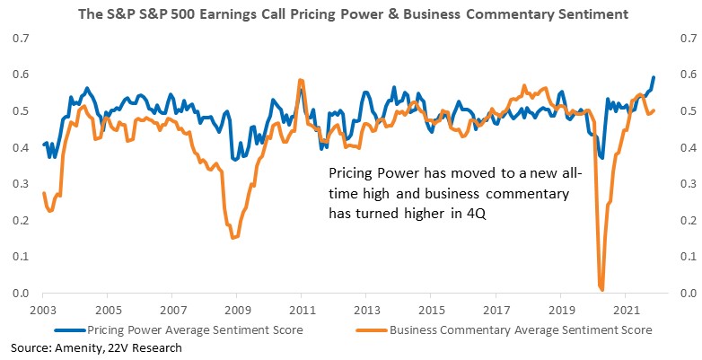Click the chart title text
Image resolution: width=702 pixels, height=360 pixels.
[x=353, y=14]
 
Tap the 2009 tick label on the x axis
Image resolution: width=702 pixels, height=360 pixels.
[x=236, y=311]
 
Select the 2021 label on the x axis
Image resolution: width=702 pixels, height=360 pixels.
[x=625, y=311]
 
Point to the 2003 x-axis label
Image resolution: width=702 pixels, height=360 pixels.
[x=42, y=311]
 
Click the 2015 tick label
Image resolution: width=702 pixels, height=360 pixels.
[x=430, y=311]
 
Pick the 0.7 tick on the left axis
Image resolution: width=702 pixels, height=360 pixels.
[x=20, y=38]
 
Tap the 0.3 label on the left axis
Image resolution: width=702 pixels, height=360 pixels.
[x=20, y=184]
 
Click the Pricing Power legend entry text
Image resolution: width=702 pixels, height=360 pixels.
[x=195, y=330]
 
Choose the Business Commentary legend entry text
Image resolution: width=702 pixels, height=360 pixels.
[x=521, y=330]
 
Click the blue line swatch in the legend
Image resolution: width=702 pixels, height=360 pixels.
[x=69, y=331]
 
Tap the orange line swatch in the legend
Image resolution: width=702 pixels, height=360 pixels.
[x=372, y=331]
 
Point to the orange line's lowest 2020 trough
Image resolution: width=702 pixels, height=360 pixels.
[x=601, y=290]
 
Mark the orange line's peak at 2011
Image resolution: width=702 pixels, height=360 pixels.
[x=301, y=80]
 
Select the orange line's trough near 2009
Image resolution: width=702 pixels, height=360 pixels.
[x=234, y=237]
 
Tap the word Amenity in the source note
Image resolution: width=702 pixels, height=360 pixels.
[x=74, y=348]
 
